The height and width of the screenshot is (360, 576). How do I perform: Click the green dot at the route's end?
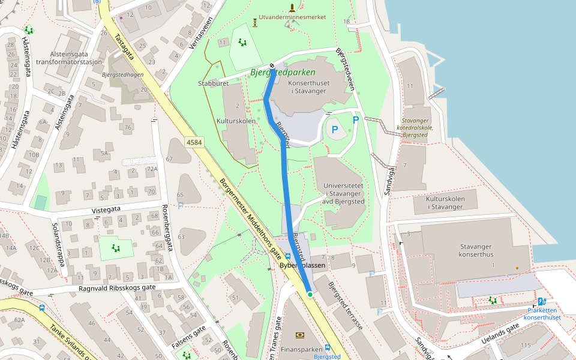[310, 295]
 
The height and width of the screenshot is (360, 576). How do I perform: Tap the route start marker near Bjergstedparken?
[272, 65]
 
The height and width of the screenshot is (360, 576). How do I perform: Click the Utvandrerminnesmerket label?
[292, 17]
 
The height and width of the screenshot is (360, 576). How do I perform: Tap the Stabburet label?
[213, 84]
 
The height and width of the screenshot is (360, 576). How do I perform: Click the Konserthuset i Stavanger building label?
[307, 87]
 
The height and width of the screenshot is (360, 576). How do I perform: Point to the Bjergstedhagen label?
[122, 76]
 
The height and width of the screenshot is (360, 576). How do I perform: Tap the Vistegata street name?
[106, 211]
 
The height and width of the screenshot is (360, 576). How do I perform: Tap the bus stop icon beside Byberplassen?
[287, 256]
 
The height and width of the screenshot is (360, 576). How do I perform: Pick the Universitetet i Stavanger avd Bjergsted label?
[343, 194]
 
